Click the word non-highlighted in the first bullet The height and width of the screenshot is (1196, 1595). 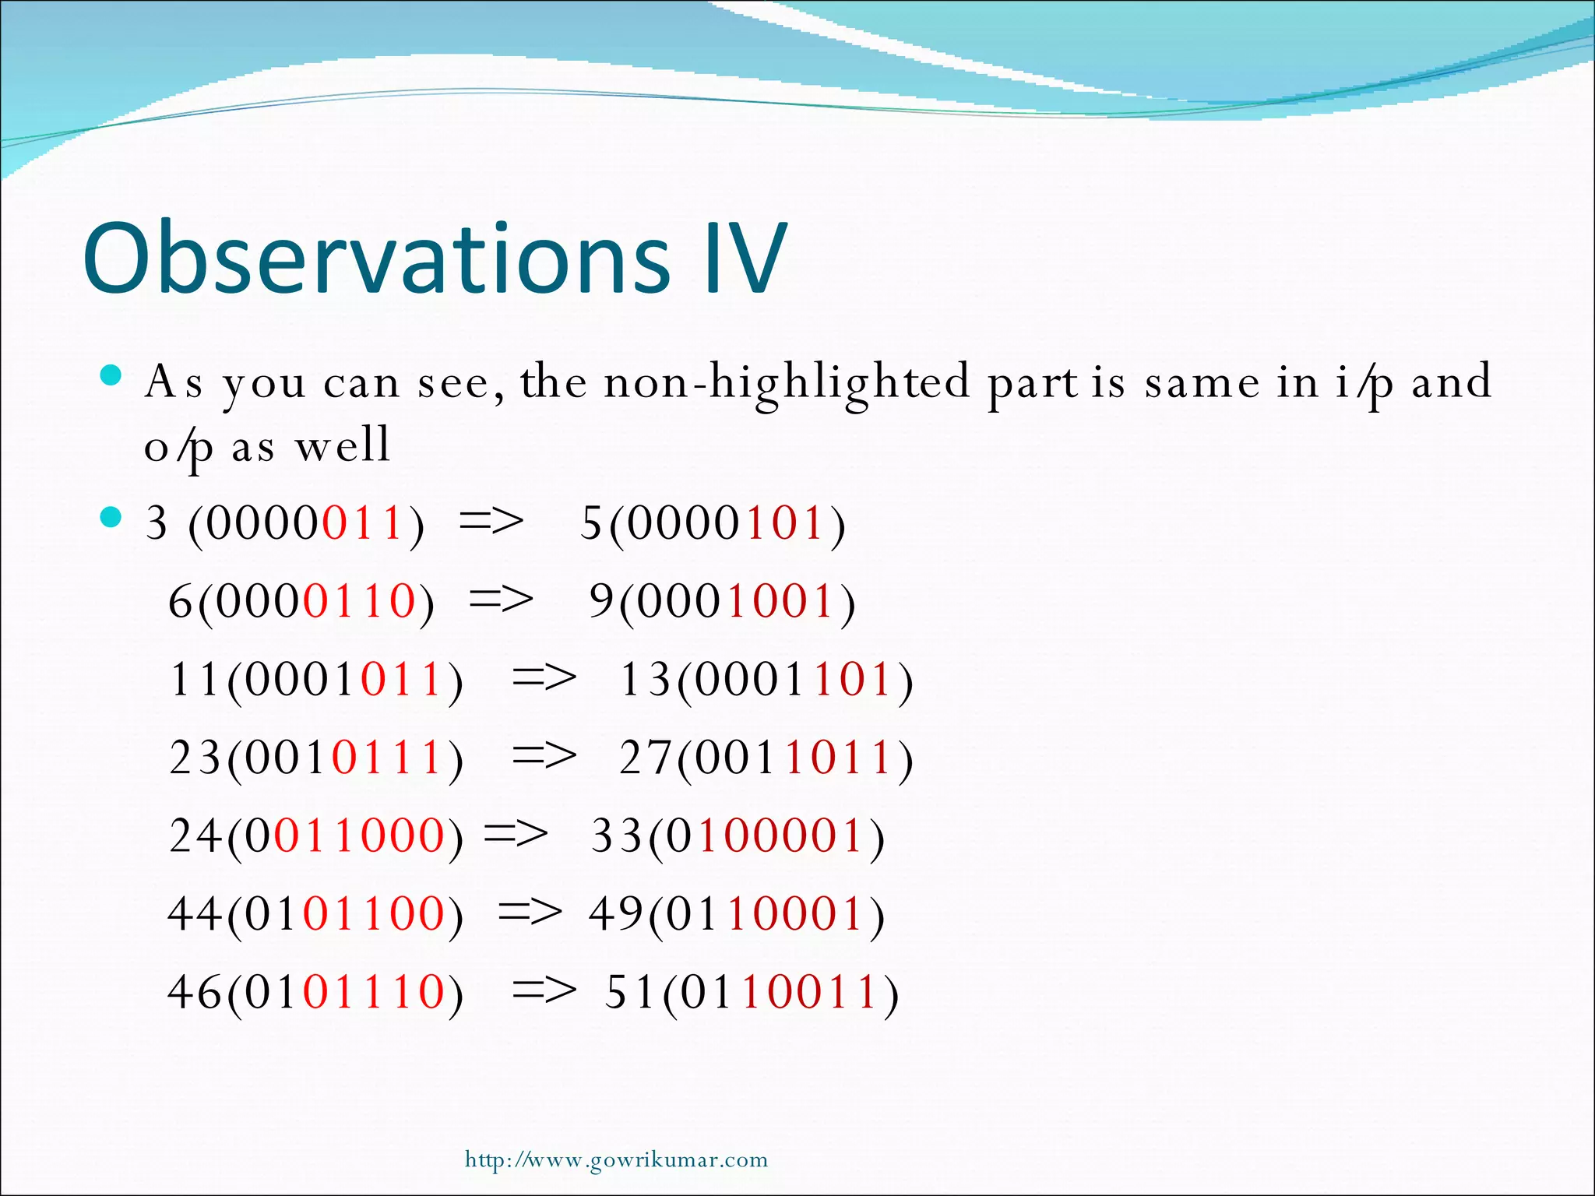pos(787,383)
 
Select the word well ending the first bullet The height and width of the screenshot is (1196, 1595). pos(343,445)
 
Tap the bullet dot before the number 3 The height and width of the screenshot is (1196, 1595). pos(112,518)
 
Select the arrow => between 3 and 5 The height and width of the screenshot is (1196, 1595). pos(491,521)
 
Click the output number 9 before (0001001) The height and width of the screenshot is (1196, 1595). pos(602,600)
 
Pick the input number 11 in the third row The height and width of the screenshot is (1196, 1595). pos(195,679)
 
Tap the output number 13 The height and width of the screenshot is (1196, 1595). pos(645,679)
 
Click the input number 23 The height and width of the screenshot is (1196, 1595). pos(195,757)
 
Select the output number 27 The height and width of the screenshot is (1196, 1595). pos(645,757)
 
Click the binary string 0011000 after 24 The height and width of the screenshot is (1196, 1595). pos(345,835)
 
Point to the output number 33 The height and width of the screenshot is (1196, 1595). pos(617,835)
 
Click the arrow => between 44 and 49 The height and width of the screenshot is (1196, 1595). pos(530,912)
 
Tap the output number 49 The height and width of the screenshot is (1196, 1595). pos(616,913)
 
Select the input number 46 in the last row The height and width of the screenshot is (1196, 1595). pos(195,992)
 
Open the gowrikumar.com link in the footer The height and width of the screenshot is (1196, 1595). pos(616,1160)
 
